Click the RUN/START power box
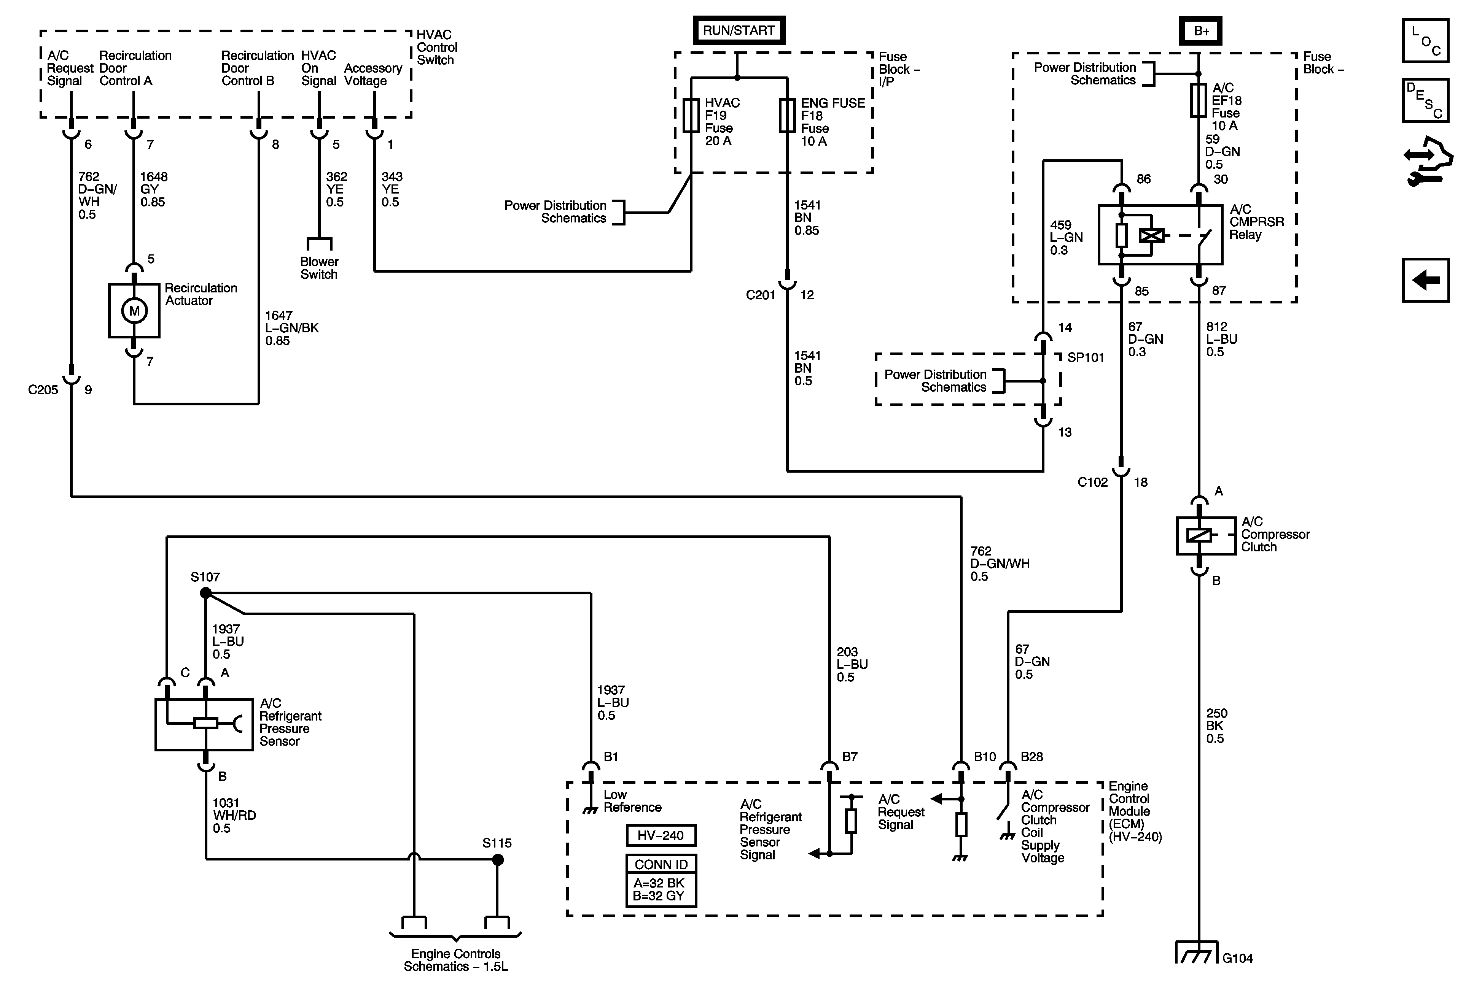(x=738, y=30)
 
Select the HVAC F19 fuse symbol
(x=691, y=115)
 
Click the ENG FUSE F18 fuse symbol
(x=787, y=115)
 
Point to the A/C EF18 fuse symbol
(x=1198, y=100)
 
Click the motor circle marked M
(x=134, y=311)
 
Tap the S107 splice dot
(x=205, y=593)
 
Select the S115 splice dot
(x=498, y=860)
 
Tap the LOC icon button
(x=1426, y=41)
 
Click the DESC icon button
(x=1426, y=100)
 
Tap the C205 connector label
(x=43, y=390)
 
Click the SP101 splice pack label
(x=1086, y=357)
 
